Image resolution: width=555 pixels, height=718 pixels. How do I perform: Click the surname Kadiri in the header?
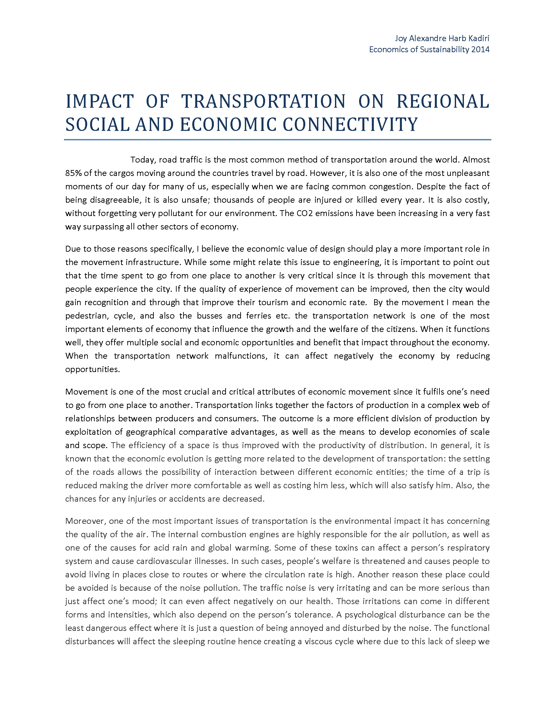coord(478,39)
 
